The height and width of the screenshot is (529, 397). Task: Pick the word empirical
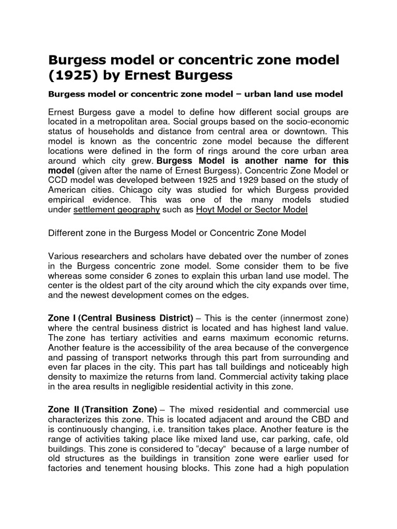pos(67,199)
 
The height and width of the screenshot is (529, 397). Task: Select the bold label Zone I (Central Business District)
pos(120,317)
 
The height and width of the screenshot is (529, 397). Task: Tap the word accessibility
pos(164,346)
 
